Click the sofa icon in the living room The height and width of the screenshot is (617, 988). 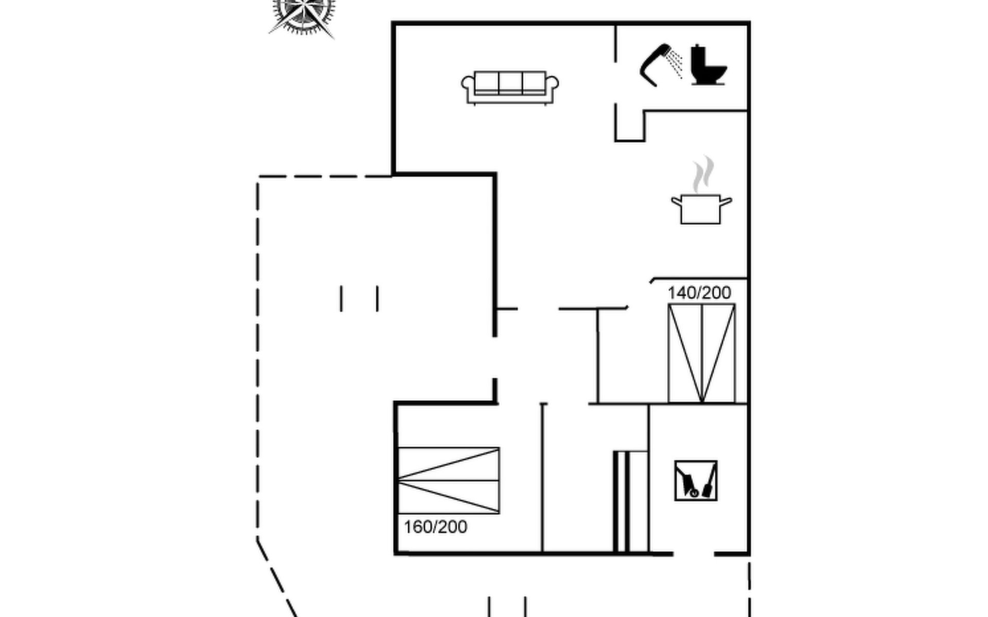click(510, 87)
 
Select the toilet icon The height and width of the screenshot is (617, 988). click(708, 65)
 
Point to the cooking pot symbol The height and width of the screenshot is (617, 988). click(701, 209)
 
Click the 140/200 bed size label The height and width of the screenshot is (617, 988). click(699, 293)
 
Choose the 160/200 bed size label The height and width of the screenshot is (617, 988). click(435, 527)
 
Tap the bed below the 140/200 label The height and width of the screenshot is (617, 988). click(701, 353)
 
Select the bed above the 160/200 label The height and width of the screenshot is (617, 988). click(449, 480)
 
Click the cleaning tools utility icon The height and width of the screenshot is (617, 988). click(696, 481)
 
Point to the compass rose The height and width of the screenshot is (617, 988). click(303, 14)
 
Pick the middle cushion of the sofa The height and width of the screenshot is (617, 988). click(510, 82)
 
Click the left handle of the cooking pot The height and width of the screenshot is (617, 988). click(676, 201)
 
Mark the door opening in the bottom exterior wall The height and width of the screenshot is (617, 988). click(694, 554)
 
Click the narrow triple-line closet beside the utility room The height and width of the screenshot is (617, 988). click(622, 502)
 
